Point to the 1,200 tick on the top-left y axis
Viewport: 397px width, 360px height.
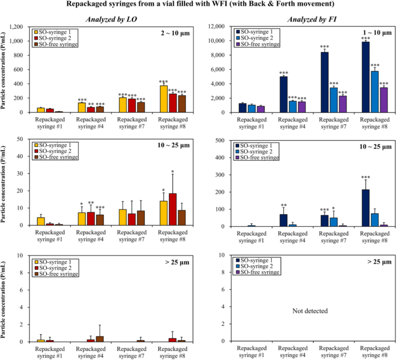tap(22, 27)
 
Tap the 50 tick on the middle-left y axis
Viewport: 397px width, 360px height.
tap(25, 139)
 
